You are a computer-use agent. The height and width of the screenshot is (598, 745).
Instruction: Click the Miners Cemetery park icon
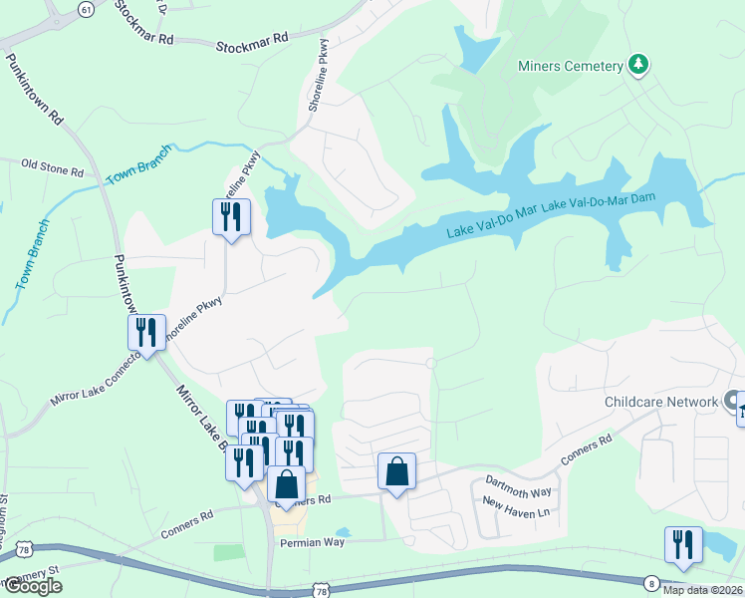pyautogui.click(x=638, y=66)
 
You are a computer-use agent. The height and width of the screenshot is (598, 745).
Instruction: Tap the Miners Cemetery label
pyautogui.click(x=570, y=67)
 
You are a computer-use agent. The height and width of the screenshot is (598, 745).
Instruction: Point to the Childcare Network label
pyautogui.click(x=661, y=403)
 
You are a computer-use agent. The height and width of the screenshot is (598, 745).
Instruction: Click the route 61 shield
pyautogui.click(x=86, y=9)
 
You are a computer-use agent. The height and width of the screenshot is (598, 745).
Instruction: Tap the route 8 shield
pyautogui.click(x=652, y=582)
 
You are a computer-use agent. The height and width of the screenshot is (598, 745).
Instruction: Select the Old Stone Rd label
pyautogui.click(x=52, y=165)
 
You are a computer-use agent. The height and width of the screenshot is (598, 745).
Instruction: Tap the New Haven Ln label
pyautogui.click(x=516, y=506)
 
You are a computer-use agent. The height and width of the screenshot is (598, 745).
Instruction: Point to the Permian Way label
pyautogui.click(x=317, y=543)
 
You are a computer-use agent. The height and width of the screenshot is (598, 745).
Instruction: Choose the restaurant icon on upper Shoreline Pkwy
pyautogui.click(x=231, y=216)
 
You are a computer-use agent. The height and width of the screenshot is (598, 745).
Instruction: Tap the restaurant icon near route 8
pyautogui.click(x=683, y=544)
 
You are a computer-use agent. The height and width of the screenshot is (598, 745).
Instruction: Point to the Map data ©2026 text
pyautogui.click(x=701, y=590)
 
